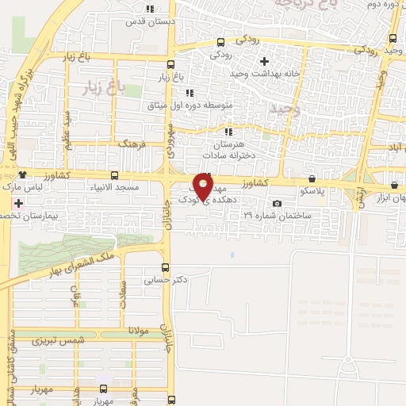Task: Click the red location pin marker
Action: [204, 187]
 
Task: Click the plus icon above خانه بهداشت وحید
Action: [265, 60]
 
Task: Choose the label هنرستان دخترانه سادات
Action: [230, 150]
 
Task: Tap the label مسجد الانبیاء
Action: [117, 187]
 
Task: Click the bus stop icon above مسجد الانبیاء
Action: [115, 175]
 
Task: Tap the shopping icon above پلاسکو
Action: [312, 179]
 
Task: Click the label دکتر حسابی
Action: [165, 280]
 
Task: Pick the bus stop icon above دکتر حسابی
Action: [165, 267]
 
